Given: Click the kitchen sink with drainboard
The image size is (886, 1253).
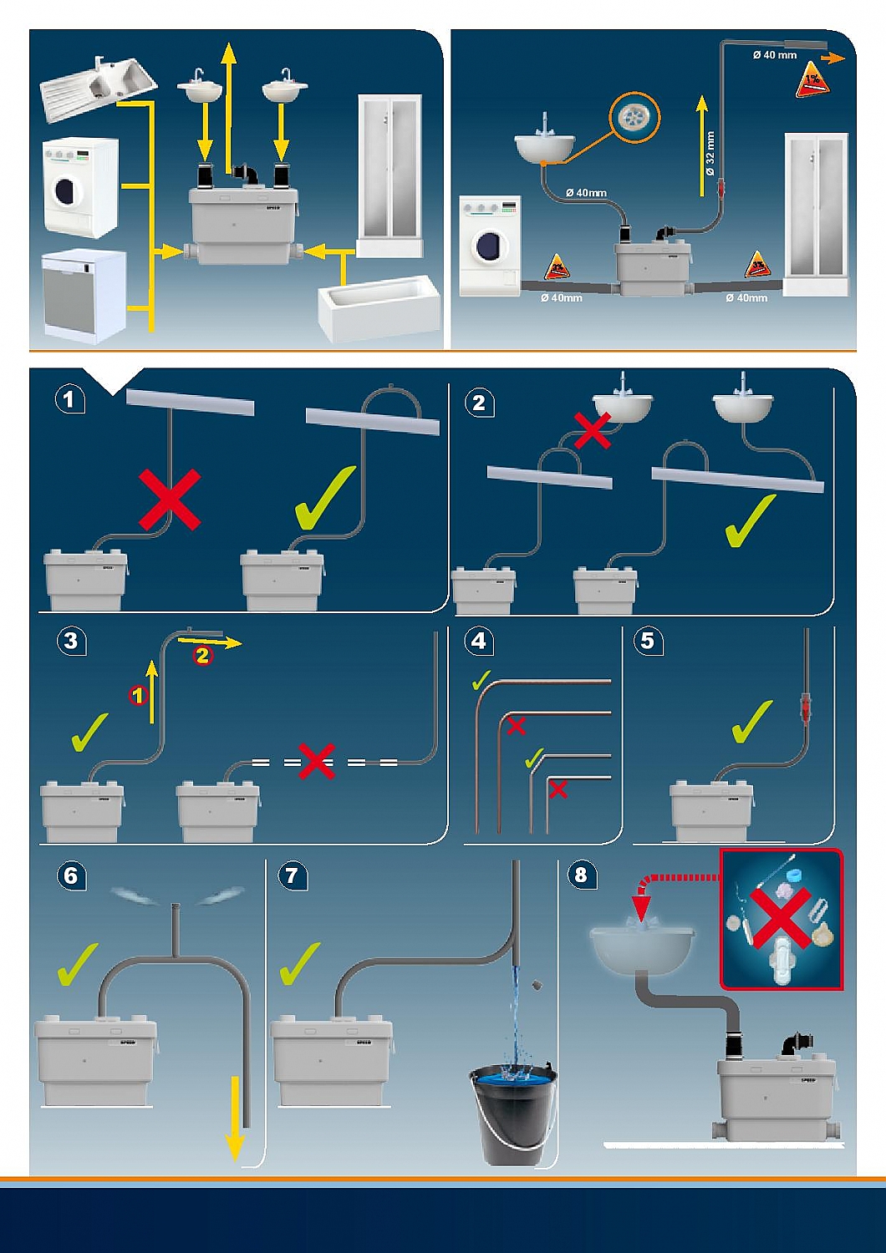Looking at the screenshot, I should click(x=97, y=84).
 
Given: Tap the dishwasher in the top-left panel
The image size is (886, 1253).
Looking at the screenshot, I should click(x=84, y=295).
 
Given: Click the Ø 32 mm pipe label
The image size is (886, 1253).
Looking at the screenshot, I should click(x=710, y=153).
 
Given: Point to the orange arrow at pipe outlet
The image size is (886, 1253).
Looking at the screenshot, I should click(x=833, y=58).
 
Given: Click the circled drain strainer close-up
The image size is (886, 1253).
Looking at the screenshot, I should click(x=634, y=118).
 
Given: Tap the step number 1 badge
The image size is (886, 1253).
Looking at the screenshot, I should click(x=69, y=399).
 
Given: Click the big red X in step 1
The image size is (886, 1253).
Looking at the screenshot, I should click(x=170, y=500).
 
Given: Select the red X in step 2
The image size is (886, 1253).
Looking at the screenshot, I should click(x=592, y=432).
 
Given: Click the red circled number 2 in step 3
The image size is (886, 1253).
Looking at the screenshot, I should click(x=202, y=656).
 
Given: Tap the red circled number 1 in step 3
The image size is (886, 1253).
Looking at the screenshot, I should click(x=138, y=695).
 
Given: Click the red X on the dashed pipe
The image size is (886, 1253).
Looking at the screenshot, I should click(x=317, y=761).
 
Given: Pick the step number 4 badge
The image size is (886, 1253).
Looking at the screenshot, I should click(x=479, y=641).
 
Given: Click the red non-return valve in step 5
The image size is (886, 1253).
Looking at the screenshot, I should click(x=806, y=708).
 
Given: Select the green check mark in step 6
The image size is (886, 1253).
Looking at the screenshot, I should click(x=79, y=964).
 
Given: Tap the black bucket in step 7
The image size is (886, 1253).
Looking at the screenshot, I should click(x=512, y=1113).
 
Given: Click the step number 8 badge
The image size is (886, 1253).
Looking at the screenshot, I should click(x=581, y=875).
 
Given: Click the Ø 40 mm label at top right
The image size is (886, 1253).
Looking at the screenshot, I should click(x=775, y=55).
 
